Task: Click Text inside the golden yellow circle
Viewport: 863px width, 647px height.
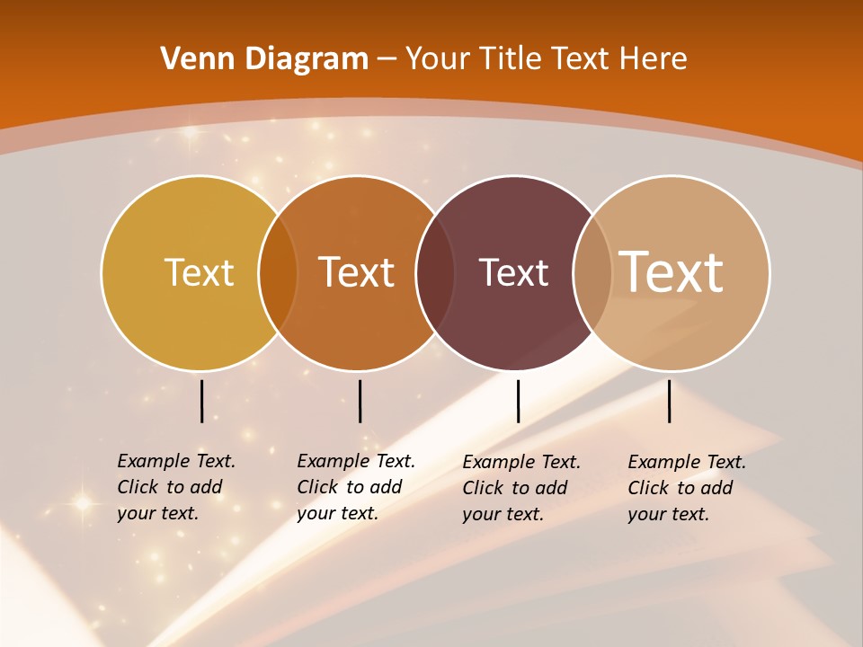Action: click(199, 272)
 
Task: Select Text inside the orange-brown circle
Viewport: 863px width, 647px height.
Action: click(357, 272)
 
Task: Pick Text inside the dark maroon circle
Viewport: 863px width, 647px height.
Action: click(513, 272)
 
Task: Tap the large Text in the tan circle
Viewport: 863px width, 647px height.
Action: click(672, 271)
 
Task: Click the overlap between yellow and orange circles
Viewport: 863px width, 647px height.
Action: click(278, 272)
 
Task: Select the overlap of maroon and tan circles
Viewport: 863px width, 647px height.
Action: click(591, 272)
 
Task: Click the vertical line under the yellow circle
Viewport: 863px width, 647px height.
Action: click(202, 401)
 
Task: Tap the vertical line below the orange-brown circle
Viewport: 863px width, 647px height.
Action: click(360, 401)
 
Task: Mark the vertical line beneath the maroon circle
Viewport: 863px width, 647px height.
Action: click(518, 401)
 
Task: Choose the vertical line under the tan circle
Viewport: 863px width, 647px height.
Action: click(670, 401)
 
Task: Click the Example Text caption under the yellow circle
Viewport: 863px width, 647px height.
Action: click(175, 487)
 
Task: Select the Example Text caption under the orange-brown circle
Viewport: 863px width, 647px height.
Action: click(355, 487)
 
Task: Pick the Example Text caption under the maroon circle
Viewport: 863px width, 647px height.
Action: click(520, 488)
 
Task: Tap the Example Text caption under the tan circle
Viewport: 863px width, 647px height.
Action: click(686, 488)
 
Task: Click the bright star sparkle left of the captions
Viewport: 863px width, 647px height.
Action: click(83, 503)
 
